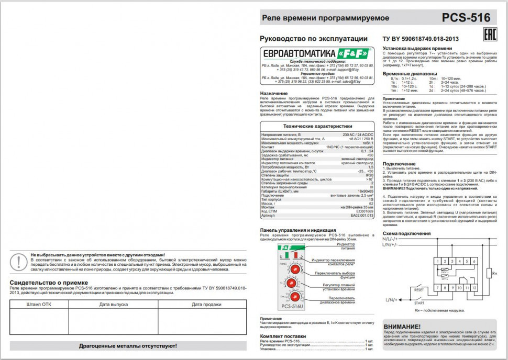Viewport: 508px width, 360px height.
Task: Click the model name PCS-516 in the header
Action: click(466, 18)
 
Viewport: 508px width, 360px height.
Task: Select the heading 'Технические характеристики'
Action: click(317, 126)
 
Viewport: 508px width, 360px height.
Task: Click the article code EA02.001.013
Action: click(362, 215)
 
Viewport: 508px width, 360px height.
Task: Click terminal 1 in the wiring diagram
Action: click(438, 261)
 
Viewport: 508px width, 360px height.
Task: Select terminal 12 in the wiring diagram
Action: click(474, 287)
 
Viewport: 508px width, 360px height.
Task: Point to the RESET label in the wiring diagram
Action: click(419, 289)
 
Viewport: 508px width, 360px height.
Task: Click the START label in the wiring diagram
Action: click(419, 302)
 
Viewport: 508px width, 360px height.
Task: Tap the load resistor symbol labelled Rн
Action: click(488, 273)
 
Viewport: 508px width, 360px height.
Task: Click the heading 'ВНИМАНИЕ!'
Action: click(402, 327)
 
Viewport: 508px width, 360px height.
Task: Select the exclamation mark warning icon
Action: click(20, 261)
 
